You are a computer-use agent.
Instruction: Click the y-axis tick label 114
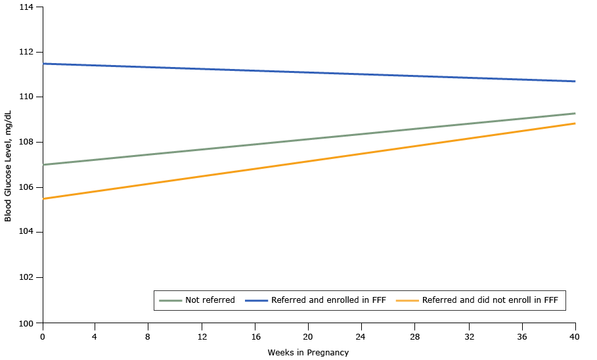click(x=29, y=7)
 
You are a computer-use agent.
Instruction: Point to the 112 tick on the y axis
click(x=29, y=52)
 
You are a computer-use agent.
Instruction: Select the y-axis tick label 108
click(x=29, y=142)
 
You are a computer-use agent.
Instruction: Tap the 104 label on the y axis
click(x=29, y=233)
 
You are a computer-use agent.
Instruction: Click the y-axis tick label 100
click(x=29, y=323)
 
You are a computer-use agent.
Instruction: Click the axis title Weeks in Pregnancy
click(x=308, y=353)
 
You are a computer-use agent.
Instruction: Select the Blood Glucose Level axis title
click(x=9, y=165)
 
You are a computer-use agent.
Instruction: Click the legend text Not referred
click(x=210, y=300)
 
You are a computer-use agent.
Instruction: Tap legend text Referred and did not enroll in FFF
click(x=490, y=300)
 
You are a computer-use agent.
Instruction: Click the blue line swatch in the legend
click(x=256, y=300)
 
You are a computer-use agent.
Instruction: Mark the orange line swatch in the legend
click(x=407, y=300)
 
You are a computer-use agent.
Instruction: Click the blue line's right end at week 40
click(x=575, y=81)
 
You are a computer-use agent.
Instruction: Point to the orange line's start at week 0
click(x=43, y=198)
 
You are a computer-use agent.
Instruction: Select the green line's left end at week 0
click(x=43, y=164)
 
